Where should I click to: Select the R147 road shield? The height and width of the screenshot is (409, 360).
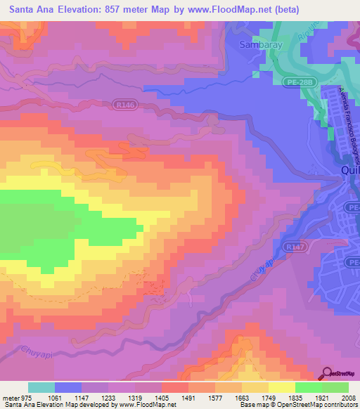274,247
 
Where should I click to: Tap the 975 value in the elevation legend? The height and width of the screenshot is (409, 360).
27,398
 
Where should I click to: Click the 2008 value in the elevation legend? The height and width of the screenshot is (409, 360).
349,398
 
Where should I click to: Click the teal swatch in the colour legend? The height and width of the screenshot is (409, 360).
41,387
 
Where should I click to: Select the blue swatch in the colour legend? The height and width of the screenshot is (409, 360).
68,387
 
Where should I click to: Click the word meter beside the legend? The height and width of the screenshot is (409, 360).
11,398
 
